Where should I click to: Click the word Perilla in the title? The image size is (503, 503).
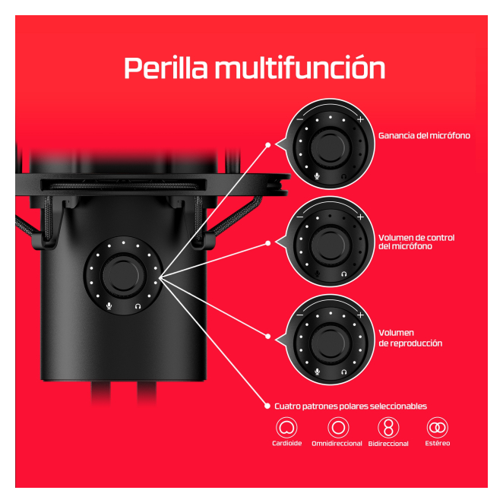pos(166,68)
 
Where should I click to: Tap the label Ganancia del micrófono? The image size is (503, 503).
pos(424,136)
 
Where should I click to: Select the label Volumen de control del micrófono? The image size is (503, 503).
pos(416,242)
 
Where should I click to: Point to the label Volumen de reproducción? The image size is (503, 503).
pos(410,338)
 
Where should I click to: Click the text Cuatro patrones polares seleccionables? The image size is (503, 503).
pos(350,407)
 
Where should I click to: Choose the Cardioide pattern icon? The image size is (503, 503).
pos(286,428)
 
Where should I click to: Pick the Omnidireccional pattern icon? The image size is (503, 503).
pos(338,428)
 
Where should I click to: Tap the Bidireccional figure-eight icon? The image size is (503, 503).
pos(388,428)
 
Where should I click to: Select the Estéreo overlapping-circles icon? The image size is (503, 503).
pos(437,428)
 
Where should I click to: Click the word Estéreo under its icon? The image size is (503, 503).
pos(438,443)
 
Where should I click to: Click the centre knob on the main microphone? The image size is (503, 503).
pos(123,276)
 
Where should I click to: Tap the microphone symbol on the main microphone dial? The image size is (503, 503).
pos(109,305)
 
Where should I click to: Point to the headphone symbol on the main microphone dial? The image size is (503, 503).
pos(138,306)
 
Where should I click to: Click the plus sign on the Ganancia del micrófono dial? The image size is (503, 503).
pos(360,119)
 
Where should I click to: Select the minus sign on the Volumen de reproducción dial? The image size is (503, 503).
pos(300,315)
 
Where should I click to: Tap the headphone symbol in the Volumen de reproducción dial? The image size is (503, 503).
pos(344,372)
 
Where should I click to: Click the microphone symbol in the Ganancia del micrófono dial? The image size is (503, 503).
pos(317,176)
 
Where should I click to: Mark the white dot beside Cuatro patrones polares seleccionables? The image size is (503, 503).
pos(267,406)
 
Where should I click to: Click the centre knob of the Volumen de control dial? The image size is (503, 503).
pos(330,243)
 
